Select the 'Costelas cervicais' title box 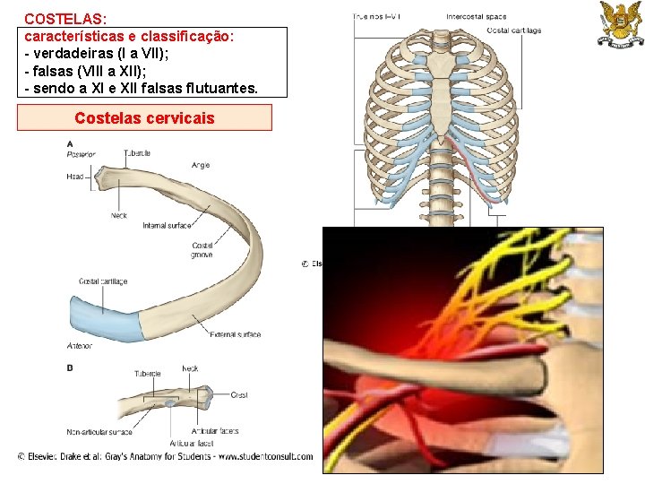[x=144, y=117]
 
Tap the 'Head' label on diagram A [x=74, y=177]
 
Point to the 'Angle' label [x=201, y=165]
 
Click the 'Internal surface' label [x=167, y=225]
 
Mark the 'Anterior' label [x=79, y=346]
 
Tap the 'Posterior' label [x=81, y=154]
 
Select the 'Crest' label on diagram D [x=239, y=395]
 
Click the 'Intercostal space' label [x=476, y=17]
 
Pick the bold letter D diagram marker [x=70, y=367]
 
